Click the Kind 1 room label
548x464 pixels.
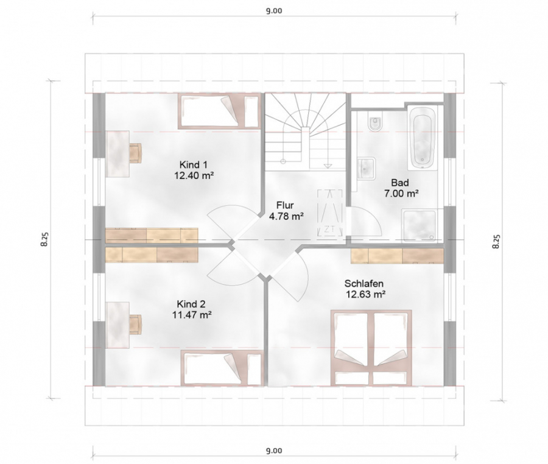[x=194, y=164]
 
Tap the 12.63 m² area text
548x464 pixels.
[x=365, y=295]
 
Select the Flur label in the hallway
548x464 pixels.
[x=285, y=205]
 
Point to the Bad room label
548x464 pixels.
[x=400, y=183]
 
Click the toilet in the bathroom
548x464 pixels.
[x=375, y=122]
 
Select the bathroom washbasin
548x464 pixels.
[x=366, y=168]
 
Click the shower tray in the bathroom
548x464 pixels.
[x=419, y=225]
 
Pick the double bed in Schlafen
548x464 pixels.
[x=371, y=348]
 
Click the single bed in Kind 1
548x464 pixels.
[x=219, y=111]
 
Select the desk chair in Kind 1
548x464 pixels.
[x=136, y=153]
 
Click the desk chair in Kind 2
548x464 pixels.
[x=136, y=324]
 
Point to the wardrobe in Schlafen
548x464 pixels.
[x=397, y=255]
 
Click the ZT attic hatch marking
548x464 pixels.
[x=329, y=213]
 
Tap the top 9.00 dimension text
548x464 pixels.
[x=274, y=11]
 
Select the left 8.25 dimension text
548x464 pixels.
[x=44, y=239]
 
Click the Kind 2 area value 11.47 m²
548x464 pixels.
[x=192, y=315]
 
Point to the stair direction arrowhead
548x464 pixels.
[x=328, y=166]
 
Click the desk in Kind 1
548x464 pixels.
[x=118, y=153]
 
